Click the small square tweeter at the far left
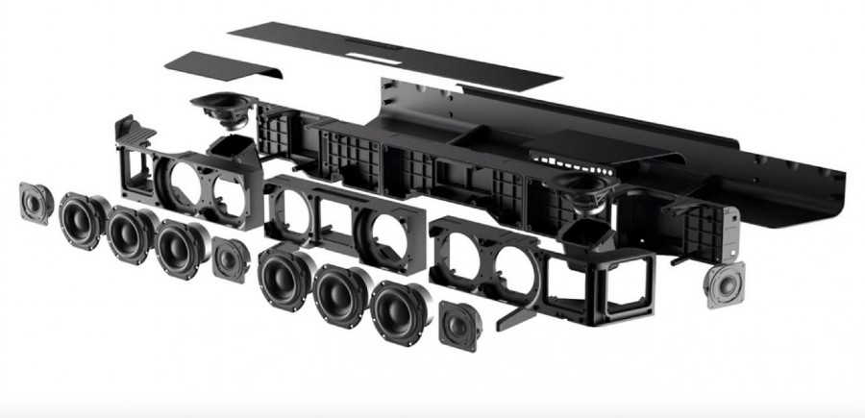click(x=36, y=203)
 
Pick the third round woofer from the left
click(x=178, y=247)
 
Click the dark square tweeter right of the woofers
click(x=458, y=325)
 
